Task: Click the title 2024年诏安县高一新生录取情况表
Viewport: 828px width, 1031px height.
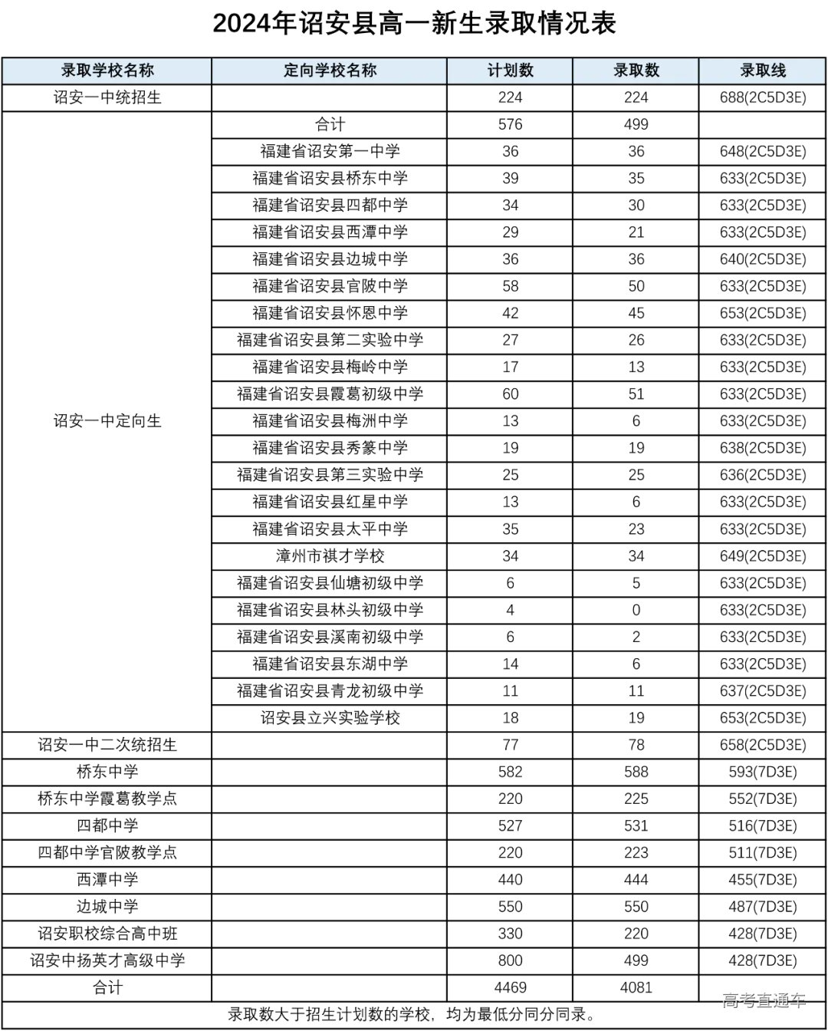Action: point(414,24)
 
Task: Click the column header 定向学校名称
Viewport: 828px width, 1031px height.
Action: point(330,71)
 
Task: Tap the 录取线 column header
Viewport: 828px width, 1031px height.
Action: point(763,71)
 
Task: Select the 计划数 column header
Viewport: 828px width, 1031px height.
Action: point(510,71)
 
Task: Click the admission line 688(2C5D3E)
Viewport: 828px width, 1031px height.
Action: point(763,97)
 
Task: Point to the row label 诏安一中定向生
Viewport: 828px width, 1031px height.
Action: point(107,421)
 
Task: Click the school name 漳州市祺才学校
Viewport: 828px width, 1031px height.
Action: point(330,556)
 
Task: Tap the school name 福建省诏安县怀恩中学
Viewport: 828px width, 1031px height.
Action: point(330,313)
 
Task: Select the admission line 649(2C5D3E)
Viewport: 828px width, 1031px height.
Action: point(763,556)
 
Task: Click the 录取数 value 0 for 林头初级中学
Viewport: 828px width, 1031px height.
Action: point(636,610)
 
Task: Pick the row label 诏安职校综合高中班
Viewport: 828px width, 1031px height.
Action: point(107,934)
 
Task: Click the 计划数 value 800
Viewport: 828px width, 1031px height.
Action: point(510,960)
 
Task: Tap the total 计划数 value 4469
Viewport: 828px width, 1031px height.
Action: point(510,987)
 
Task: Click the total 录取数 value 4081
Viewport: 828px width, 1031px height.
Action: point(636,987)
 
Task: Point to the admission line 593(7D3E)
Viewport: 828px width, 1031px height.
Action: point(763,772)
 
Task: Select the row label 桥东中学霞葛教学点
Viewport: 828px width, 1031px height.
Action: point(107,799)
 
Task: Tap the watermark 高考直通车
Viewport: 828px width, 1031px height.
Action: point(764,1000)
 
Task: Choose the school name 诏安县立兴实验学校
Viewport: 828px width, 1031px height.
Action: point(330,718)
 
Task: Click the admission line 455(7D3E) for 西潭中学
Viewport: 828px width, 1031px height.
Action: point(763,880)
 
